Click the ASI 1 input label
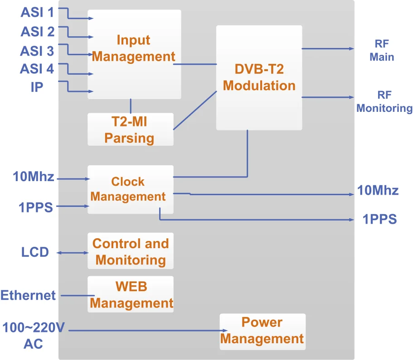coord(37,13)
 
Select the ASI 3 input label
coord(37,51)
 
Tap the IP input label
coord(37,87)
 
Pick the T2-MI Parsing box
coord(130,130)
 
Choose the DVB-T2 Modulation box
coord(259,77)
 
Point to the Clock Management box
coord(130,189)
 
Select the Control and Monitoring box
coord(130,251)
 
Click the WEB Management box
coord(131,294)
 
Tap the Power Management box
coord(262,331)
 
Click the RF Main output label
coord(382,50)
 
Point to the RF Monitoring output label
coord(384,101)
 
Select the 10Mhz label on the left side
coord(34,177)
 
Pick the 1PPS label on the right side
coord(379,220)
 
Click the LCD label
coord(35,252)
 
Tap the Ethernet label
coord(28,296)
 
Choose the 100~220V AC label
coord(33,335)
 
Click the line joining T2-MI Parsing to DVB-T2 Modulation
coord(195,110)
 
